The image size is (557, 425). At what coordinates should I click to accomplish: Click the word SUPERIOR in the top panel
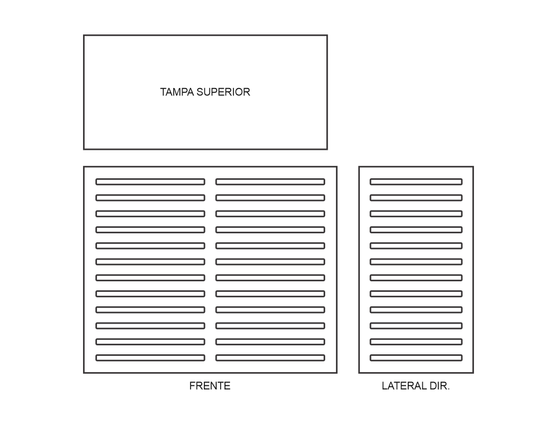pos(223,92)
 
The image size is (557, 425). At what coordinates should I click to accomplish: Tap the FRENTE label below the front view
pos(210,386)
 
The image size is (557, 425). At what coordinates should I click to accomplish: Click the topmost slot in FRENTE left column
pos(150,182)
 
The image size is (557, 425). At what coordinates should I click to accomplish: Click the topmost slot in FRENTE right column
pos(270,182)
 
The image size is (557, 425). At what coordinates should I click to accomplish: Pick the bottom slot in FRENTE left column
pos(150,358)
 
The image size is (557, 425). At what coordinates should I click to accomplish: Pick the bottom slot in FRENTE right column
pos(270,358)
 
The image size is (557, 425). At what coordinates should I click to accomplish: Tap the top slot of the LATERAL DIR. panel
pos(416,182)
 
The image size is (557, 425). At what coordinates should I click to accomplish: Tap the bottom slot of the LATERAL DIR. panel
pos(416,358)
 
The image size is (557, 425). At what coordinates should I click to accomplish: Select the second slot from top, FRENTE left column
pos(150,198)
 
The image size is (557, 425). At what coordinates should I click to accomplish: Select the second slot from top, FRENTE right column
pos(270,198)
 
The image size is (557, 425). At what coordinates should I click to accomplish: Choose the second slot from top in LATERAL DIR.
pos(416,198)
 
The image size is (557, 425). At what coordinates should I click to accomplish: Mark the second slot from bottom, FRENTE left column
pos(150,341)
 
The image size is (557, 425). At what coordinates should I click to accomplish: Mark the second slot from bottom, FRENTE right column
pos(270,341)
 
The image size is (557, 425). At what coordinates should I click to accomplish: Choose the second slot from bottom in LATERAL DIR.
pos(416,341)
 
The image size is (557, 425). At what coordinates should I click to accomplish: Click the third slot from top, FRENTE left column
pos(150,213)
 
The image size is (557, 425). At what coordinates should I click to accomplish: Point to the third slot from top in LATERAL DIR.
pos(416,213)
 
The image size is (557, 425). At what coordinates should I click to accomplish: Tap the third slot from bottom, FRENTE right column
pos(270,326)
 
